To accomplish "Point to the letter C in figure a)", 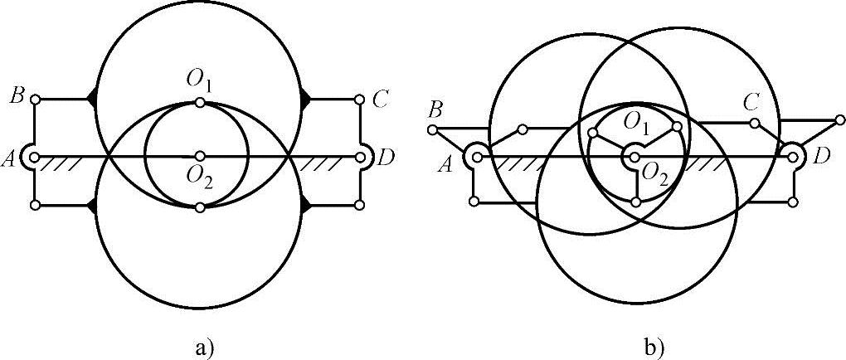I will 380,100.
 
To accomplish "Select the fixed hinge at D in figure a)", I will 361,156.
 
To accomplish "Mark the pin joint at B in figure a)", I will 36,100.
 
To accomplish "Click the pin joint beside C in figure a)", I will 359,100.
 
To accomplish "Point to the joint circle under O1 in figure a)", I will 200,103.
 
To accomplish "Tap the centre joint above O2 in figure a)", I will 200,155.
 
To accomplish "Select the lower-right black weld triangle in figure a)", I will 306,205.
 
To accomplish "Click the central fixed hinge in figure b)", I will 634,153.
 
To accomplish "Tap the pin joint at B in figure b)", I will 432,129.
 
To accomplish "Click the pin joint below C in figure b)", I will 755,124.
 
